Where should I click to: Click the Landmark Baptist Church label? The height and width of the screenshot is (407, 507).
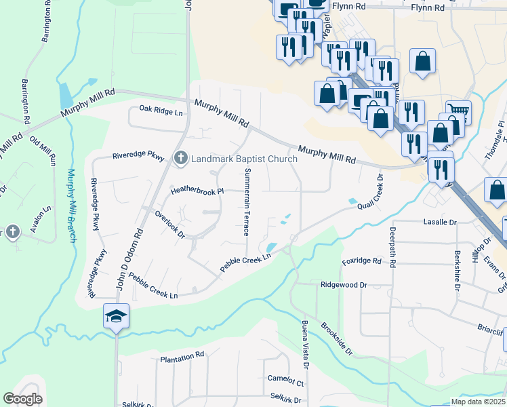[244, 159]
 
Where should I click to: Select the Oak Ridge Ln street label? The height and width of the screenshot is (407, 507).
[161, 109]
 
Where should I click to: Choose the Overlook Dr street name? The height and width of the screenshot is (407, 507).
[170, 223]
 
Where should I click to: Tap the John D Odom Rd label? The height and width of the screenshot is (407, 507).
[131, 258]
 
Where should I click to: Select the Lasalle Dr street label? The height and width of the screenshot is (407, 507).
[439, 222]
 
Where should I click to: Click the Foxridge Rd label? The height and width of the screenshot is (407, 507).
[363, 260]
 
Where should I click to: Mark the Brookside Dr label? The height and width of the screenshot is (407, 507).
[338, 338]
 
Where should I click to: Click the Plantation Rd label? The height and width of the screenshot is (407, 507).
[182, 355]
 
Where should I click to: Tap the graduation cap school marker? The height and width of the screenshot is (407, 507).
[117, 316]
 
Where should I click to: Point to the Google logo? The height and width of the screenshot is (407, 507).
[23, 399]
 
